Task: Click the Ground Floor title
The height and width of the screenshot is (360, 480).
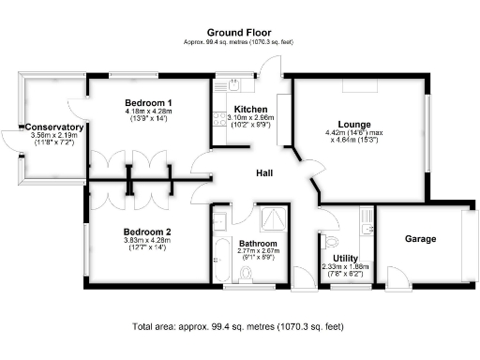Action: [240, 33]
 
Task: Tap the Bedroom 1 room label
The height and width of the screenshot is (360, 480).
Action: [148, 101]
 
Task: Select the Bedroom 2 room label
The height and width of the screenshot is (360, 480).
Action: [147, 231]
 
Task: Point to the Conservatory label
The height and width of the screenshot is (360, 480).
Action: [54, 127]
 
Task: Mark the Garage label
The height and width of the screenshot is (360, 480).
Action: [420, 239]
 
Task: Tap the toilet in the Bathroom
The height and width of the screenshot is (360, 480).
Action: [247, 273]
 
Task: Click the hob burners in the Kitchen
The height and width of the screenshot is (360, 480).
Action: [217, 119]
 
